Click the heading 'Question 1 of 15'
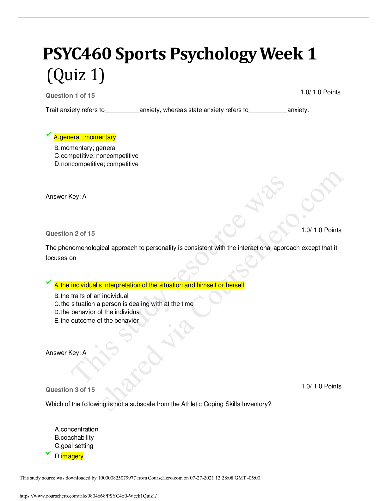(70, 96)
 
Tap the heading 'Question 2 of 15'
(70, 233)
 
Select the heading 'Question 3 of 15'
(70, 390)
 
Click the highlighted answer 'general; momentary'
(85, 137)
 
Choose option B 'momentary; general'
(85, 148)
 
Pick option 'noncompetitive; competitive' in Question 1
(96, 164)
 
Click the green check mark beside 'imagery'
(48, 453)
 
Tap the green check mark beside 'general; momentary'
(48, 134)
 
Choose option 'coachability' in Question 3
(74, 438)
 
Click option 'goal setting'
(74, 446)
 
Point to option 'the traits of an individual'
(91, 296)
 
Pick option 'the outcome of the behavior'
(96, 321)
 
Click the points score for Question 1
(320, 92)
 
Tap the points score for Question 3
(321, 387)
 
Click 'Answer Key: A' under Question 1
(66, 197)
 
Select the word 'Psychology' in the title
(213, 55)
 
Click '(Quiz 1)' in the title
(76, 75)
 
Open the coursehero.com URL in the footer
(88, 496)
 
